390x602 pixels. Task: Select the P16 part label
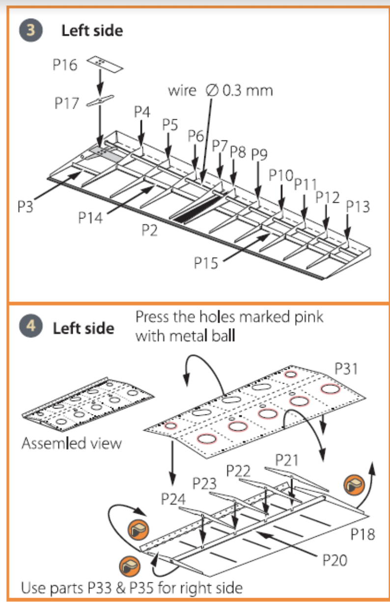[65, 65]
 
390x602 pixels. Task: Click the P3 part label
[26, 206]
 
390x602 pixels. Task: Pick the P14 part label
[91, 217]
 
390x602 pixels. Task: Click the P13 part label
[358, 206]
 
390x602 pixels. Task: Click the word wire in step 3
[182, 91]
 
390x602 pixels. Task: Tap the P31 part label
[347, 368]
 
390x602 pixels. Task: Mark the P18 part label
[362, 533]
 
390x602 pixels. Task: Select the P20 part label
[334, 559]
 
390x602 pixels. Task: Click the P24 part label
[173, 499]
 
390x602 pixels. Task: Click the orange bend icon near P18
[354, 485]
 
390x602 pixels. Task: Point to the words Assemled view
[72, 443]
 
